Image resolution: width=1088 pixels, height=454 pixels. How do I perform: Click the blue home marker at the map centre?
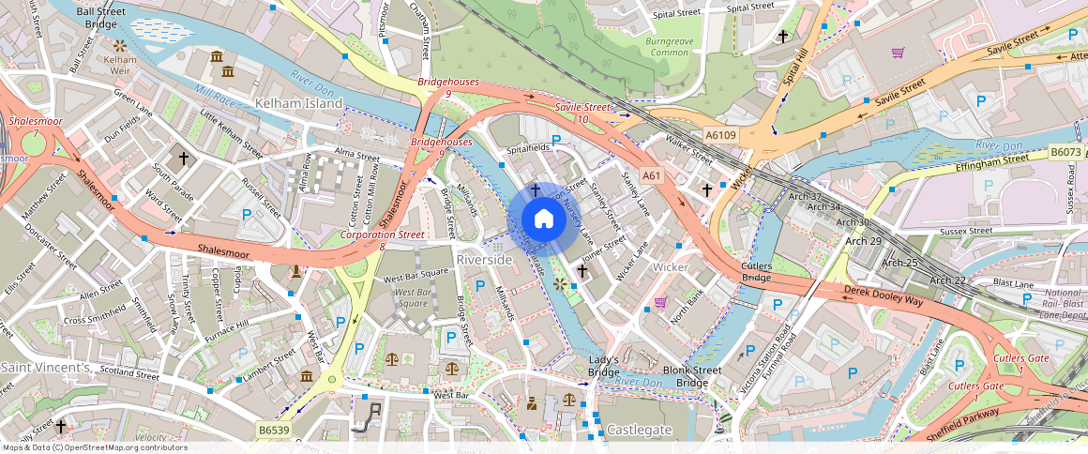tap(543, 219)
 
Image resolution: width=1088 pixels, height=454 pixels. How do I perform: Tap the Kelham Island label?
tap(298, 103)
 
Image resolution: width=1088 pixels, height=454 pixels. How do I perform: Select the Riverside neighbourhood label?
tap(484, 259)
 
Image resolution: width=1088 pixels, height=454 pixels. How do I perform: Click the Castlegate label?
tap(640, 429)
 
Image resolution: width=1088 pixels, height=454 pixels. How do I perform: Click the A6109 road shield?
tap(721, 135)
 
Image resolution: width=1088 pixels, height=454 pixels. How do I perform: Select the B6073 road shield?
tap(1065, 151)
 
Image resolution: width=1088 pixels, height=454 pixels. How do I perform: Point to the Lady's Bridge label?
tap(604, 367)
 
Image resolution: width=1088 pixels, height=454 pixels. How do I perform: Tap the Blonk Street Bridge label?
tap(691, 376)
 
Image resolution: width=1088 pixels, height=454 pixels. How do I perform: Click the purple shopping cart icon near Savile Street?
tap(898, 53)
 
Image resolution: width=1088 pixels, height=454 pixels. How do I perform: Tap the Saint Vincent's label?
tap(45, 367)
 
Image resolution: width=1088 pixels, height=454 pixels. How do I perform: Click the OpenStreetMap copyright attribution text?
tap(94, 447)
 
